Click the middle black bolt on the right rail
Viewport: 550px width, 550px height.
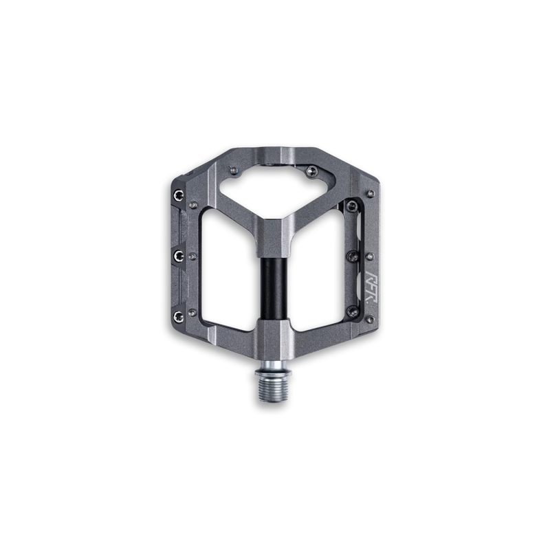353,255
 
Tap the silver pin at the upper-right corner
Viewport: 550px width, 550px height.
370,193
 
